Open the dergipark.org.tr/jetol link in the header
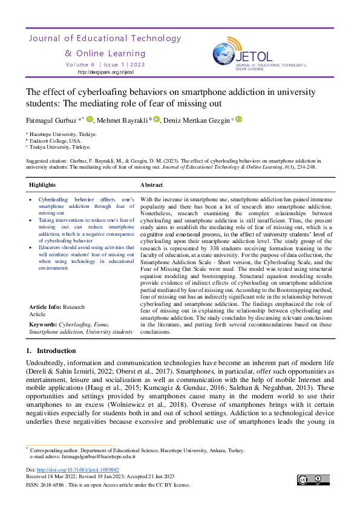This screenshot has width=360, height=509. tap(105, 72)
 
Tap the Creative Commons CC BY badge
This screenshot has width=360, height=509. tap(313, 480)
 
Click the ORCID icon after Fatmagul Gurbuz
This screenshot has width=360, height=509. tap(90, 119)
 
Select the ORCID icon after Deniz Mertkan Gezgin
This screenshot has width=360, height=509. tap(238, 119)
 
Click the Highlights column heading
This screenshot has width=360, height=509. tap(42, 185)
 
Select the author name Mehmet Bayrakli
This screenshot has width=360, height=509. tap(122, 120)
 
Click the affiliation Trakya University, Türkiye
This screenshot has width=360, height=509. tap(61, 147)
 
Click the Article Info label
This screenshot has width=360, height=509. tap(45, 307)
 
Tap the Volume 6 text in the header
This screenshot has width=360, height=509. tap(80, 64)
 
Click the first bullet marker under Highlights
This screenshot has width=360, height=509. tap(31, 199)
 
